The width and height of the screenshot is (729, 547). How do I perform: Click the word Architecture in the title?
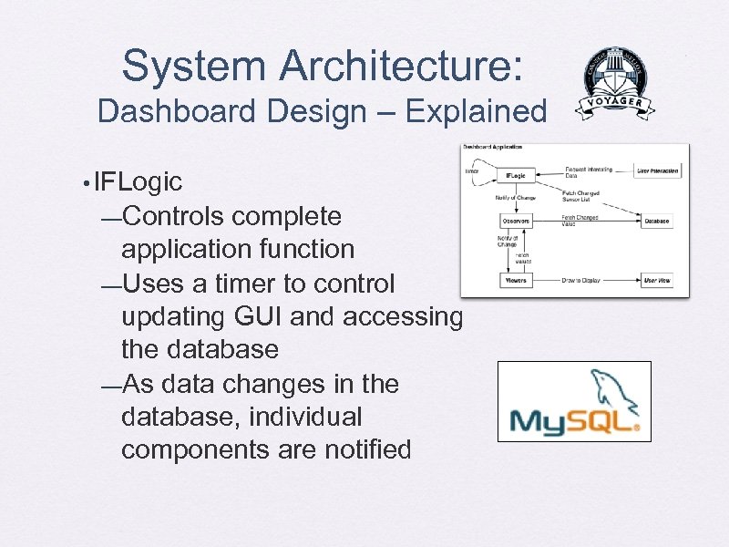[x=401, y=67]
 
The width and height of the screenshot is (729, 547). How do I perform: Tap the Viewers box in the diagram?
[x=515, y=280]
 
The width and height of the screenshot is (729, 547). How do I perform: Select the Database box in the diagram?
[x=656, y=222]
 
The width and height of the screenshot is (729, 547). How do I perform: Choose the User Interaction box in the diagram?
[x=657, y=170]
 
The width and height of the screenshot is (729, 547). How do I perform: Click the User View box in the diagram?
[x=657, y=280]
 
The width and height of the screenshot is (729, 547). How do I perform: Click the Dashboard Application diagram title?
[x=493, y=148]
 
